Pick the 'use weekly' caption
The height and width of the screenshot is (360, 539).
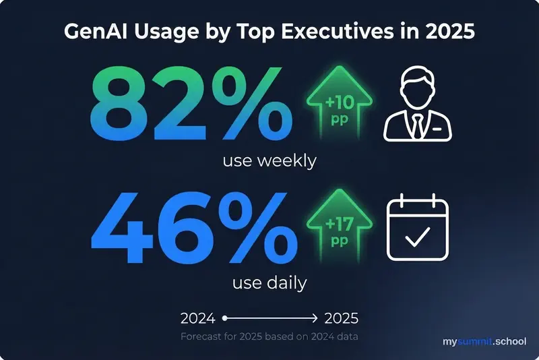[269, 161]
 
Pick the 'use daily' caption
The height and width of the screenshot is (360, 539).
[269, 282]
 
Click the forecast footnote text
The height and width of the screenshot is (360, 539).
[269, 336]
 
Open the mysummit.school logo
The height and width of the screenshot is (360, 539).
[484, 342]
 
